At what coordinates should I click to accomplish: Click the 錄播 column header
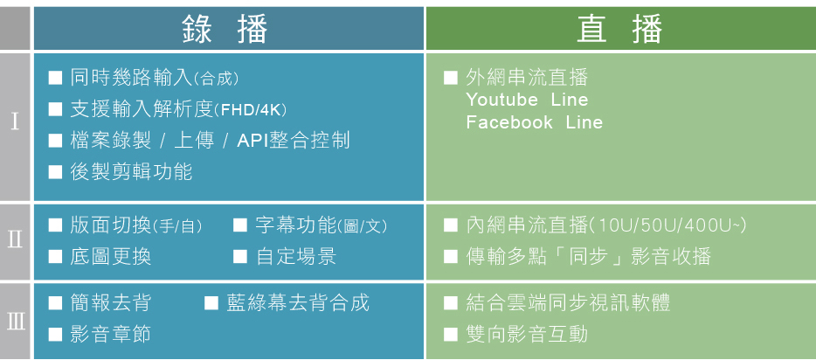pos(225,29)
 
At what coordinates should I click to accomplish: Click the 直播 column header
pos(619,29)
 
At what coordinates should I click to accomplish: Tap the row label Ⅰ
pos(15,123)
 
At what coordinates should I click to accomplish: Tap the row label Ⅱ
pos(15,241)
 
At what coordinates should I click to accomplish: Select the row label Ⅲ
pos(16,322)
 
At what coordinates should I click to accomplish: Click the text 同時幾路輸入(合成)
pos(155,79)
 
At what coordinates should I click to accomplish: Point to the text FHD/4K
pos(252,111)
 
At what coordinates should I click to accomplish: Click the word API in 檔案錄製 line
pos(252,141)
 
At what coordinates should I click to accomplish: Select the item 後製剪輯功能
pos(131,171)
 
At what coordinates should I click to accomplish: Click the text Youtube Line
pos(527,100)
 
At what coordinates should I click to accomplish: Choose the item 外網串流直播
pos(527,78)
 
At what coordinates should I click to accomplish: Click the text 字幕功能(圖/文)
pos(322,225)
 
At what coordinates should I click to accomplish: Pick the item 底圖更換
pos(111,257)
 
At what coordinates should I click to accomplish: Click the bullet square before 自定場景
pos(240,257)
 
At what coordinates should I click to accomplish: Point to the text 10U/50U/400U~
pos(668,225)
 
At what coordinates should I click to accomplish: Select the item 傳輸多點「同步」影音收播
pos(589,257)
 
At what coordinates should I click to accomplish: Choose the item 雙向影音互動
pos(527,334)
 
